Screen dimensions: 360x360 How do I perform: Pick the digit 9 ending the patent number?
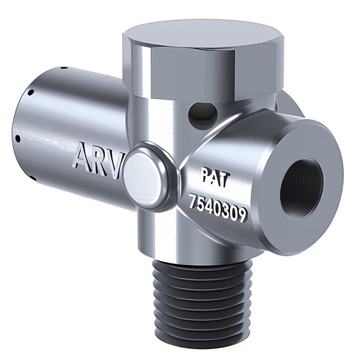(242, 215)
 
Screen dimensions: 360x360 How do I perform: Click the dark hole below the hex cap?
(202, 114)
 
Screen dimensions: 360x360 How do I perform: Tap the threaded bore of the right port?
(302, 189)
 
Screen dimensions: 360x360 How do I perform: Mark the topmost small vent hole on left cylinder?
(63, 67)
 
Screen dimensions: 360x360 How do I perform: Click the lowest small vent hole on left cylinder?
(32, 177)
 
